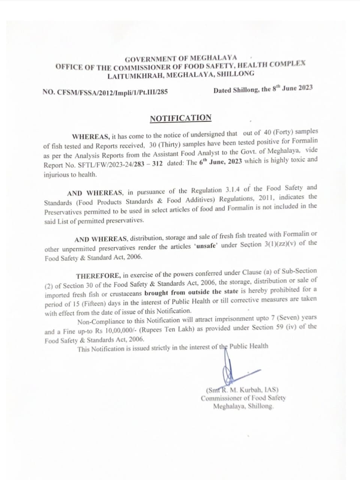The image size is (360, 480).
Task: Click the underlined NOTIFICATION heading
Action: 180,118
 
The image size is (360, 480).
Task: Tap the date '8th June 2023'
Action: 292,88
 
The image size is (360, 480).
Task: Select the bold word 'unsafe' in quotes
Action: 205,246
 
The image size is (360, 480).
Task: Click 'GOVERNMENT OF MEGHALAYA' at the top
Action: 181,59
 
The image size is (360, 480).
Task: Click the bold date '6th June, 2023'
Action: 220,162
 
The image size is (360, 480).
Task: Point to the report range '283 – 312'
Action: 148,164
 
